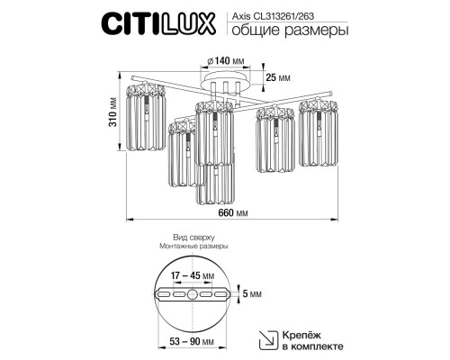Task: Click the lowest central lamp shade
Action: (x=216, y=180)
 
